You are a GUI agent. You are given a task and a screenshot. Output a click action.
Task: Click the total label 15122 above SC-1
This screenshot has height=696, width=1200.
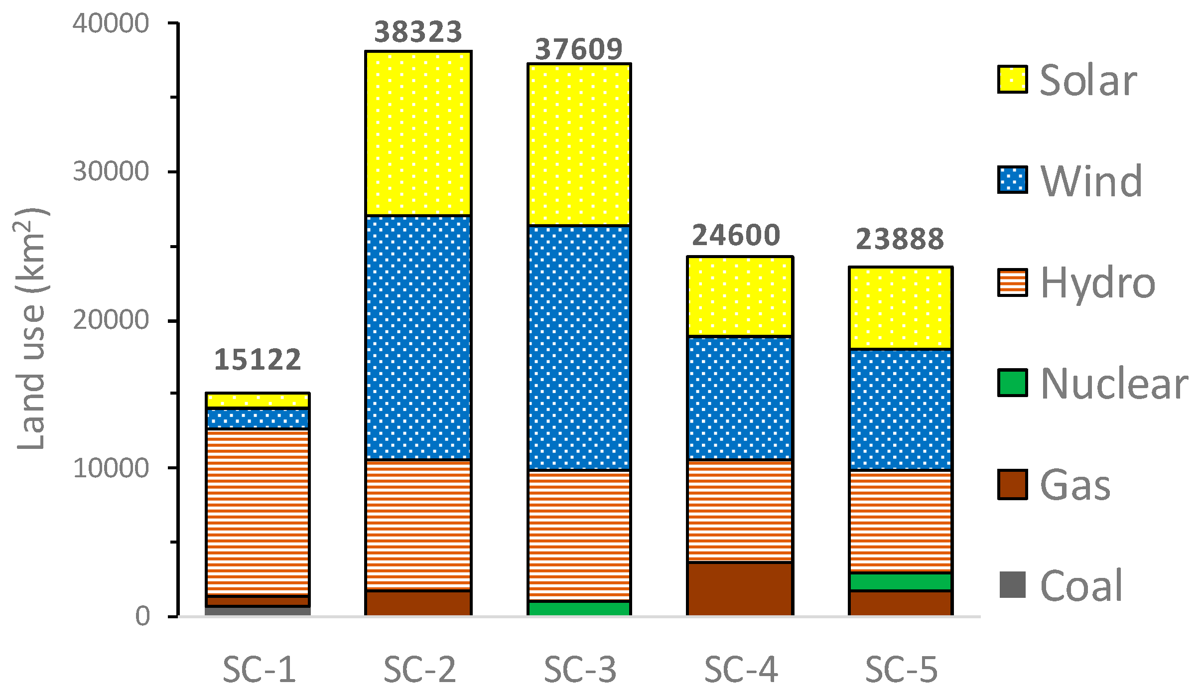pyautogui.click(x=258, y=360)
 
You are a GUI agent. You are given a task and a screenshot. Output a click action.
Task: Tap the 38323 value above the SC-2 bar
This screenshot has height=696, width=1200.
pyautogui.click(x=418, y=32)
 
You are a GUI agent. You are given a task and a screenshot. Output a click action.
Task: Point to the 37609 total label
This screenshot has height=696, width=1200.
pyautogui.click(x=578, y=49)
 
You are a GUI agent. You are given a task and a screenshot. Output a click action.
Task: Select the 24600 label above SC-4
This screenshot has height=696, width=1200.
pyautogui.click(x=736, y=236)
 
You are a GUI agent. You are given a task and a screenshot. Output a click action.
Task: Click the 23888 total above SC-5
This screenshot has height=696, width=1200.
pyautogui.click(x=900, y=239)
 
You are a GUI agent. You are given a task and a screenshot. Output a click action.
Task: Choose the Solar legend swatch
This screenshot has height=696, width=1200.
pyautogui.click(x=1012, y=80)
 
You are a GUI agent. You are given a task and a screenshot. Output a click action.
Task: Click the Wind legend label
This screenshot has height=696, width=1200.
pyautogui.click(x=1091, y=181)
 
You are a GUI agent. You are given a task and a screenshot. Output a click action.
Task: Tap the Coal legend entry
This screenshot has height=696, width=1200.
pyautogui.click(x=1081, y=586)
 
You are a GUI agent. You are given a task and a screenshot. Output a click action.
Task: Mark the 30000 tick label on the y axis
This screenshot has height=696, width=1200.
pyautogui.click(x=111, y=172)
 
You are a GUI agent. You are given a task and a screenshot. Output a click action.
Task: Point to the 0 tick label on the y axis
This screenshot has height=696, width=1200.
pyautogui.click(x=142, y=617)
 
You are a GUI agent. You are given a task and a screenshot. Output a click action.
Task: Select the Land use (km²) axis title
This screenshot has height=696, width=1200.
pyautogui.click(x=31, y=329)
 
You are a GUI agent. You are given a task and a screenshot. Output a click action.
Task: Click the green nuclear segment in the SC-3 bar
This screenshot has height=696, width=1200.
pyautogui.click(x=579, y=608)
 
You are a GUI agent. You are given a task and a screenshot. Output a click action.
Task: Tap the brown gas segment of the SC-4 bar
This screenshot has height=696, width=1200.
pyautogui.click(x=740, y=589)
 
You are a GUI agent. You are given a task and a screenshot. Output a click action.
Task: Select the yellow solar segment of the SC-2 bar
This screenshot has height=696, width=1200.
pyautogui.click(x=418, y=134)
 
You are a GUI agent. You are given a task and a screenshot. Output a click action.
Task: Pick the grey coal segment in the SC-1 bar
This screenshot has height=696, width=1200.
pyautogui.click(x=258, y=611)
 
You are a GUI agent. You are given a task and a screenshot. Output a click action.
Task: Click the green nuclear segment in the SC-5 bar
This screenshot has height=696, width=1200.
pyautogui.click(x=900, y=582)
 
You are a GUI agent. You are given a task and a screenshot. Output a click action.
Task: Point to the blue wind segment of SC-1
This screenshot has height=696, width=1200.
pyautogui.click(x=258, y=418)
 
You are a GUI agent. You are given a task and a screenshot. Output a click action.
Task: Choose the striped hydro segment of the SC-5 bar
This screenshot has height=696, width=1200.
pyautogui.click(x=900, y=521)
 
